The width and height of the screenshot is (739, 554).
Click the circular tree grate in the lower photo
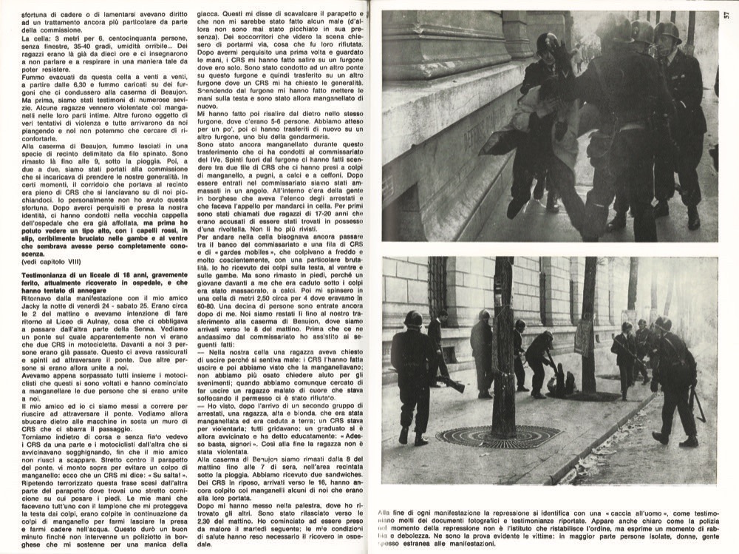point(502,436)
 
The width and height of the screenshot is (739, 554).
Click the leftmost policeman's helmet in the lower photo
point(412,319)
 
